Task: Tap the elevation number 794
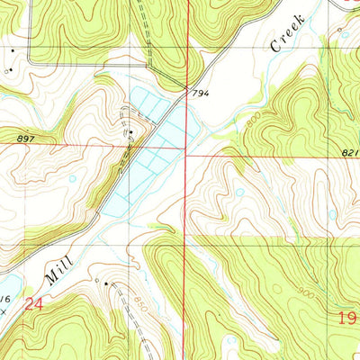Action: pos(199,93)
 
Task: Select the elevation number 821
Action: pos(350,155)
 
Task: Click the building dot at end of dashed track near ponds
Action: pos(130,133)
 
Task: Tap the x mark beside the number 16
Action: pos(4,309)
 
